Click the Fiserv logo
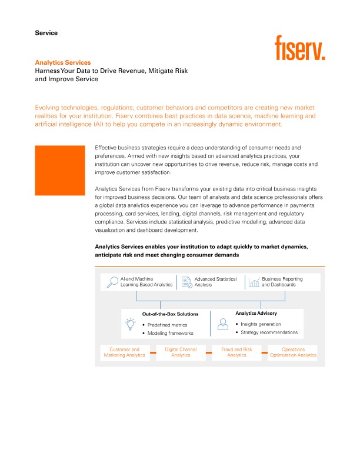coord(300,48)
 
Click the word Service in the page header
coord(46,33)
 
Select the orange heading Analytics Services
coord(63,62)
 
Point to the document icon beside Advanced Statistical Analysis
coord(186,282)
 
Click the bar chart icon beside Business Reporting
coord(254,282)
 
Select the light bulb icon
coord(130,323)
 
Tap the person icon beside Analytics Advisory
coord(222,323)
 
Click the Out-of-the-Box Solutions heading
coord(170,314)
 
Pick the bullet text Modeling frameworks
coord(170,334)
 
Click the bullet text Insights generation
coord(261,324)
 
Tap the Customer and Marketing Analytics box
coord(124,352)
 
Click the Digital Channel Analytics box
coord(181,352)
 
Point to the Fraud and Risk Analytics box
coord(236,352)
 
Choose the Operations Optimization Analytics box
coord(293,352)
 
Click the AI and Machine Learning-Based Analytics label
coord(146,282)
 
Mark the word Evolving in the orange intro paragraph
coord(49,108)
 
